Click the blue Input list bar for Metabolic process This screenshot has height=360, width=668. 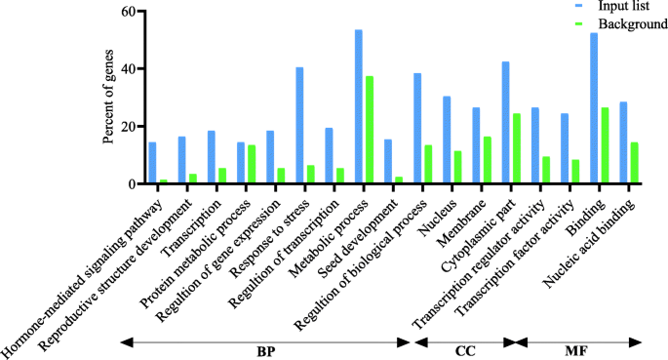coord(359,106)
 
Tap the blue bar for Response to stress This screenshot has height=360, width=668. coord(299,125)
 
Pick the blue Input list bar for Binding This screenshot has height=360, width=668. coord(594,108)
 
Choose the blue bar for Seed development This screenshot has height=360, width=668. coord(388,161)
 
